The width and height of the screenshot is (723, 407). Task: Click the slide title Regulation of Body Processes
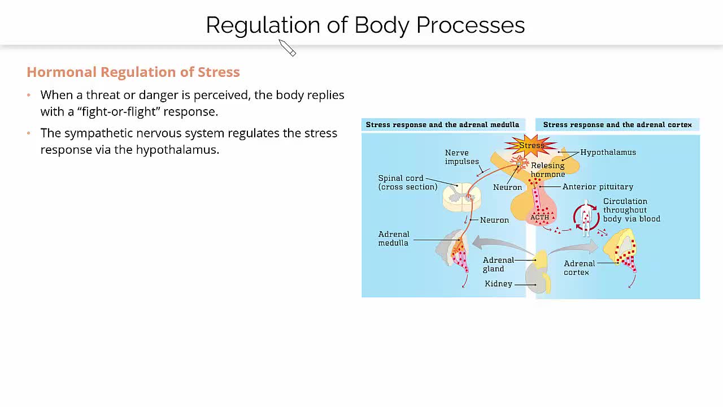tap(365, 25)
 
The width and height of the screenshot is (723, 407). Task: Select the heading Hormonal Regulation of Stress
tap(133, 72)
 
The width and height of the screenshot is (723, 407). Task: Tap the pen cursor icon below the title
tap(288, 48)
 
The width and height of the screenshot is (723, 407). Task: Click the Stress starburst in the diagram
tap(531, 145)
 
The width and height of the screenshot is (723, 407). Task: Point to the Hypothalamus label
tap(608, 152)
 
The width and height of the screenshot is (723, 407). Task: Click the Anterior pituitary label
tap(598, 187)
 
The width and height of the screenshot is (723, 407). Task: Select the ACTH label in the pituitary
tap(539, 218)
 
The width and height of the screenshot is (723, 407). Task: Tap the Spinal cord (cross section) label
tap(408, 182)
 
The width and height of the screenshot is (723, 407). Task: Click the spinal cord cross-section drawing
tap(462, 197)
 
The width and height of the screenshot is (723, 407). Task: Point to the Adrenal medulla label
tap(394, 239)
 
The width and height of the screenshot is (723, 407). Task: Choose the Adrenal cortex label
tap(580, 267)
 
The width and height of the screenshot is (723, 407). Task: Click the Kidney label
tap(498, 284)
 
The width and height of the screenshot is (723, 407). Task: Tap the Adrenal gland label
tap(498, 264)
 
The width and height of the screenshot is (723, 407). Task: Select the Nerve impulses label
tap(461, 157)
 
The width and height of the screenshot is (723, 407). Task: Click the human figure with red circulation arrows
tap(586, 217)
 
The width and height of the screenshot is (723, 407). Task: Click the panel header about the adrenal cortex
tap(617, 124)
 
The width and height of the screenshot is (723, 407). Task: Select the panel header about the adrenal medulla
tap(442, 124)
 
